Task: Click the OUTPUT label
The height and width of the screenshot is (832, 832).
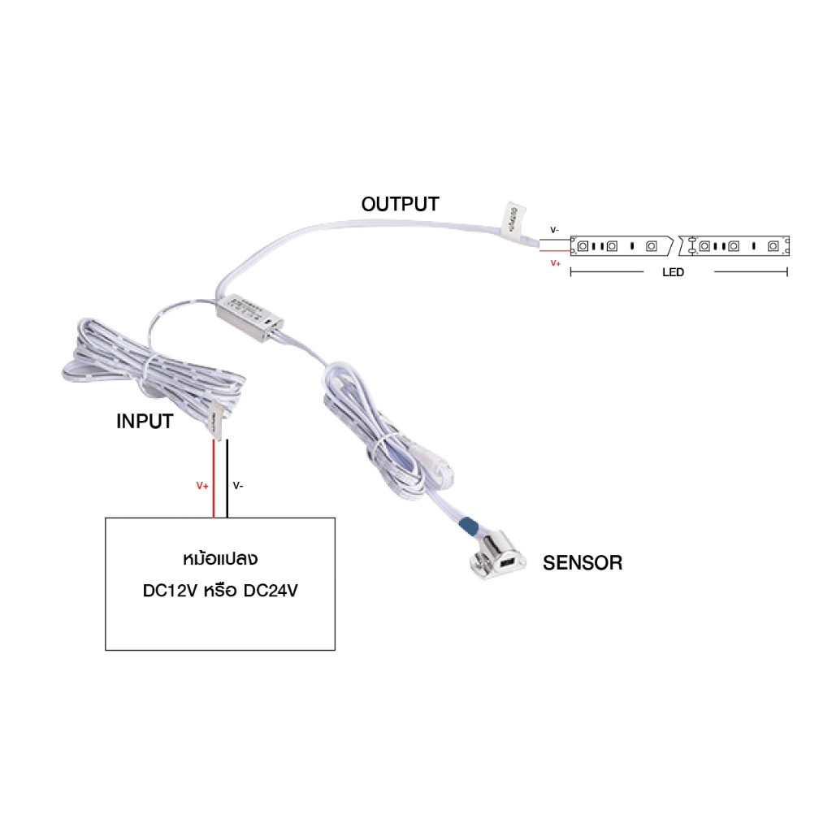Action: click(x=400, y=204)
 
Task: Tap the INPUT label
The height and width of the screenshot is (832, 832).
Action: click(x=145, y=422)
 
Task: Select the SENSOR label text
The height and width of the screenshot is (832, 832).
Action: click(x=583, y=562)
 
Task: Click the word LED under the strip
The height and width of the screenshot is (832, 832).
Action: click(x=673, y=273)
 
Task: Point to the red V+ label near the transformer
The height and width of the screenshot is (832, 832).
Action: click(x=202, y=486)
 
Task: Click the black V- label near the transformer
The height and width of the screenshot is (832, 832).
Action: click(x=238, y=486)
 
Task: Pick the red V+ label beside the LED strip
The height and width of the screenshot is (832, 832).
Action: click(x=556, y=263)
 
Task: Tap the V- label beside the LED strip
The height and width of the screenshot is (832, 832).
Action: click(x=554, y=231)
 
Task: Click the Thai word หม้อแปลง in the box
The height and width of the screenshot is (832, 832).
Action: click(x=220, y=561)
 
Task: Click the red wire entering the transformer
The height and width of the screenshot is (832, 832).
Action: click(x=214, y=479)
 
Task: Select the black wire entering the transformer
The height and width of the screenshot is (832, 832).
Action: click(x=227, y=479)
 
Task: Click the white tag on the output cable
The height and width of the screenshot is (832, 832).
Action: click(x=512, y=217)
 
